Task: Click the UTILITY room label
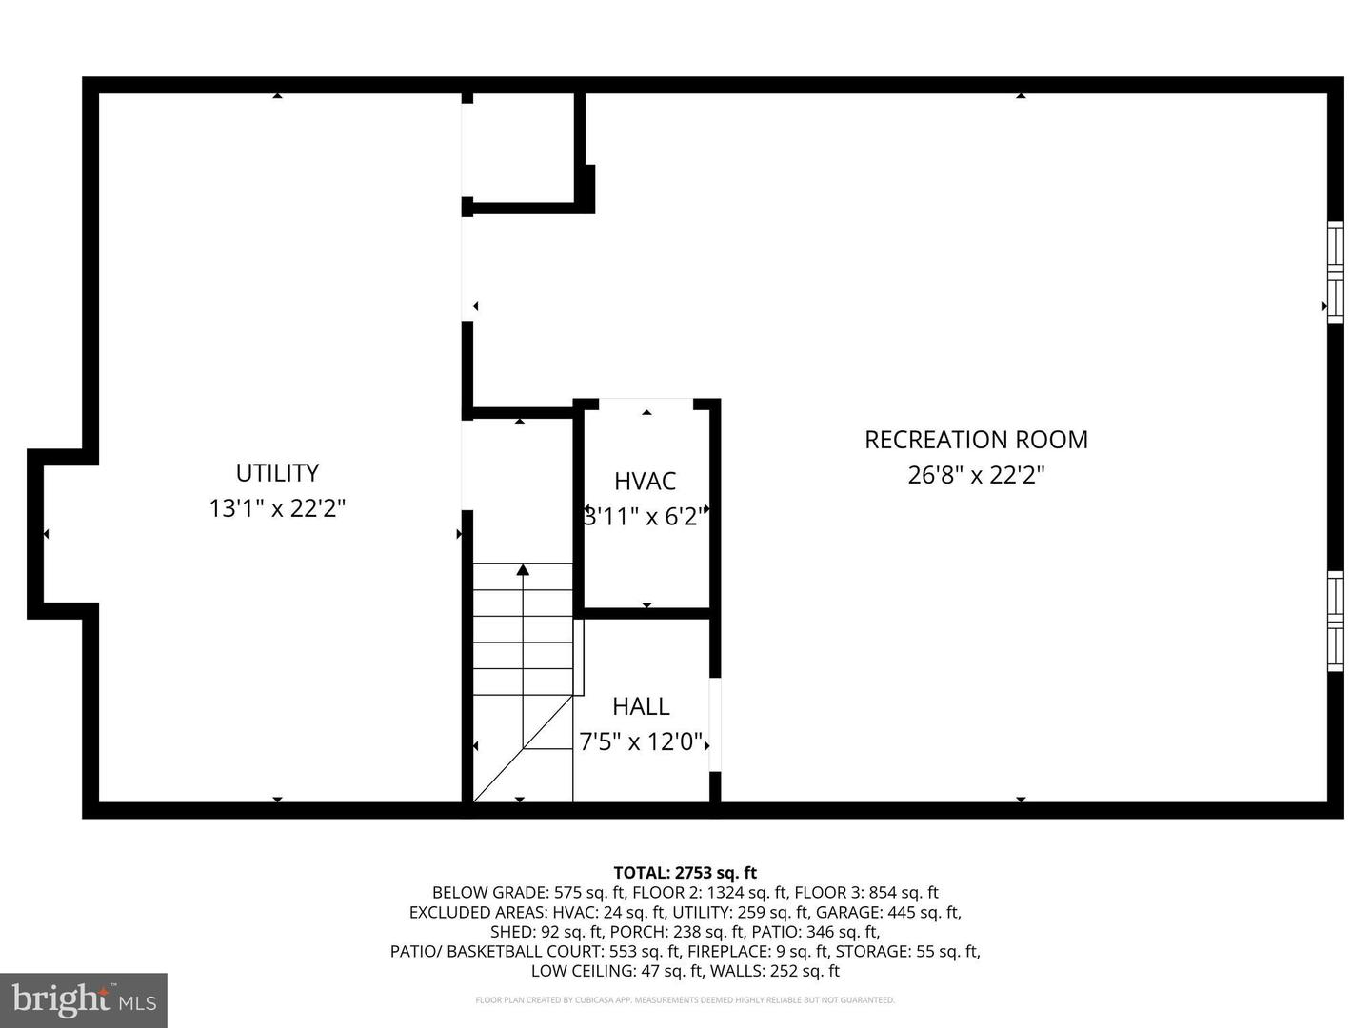277,473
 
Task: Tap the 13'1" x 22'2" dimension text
277,508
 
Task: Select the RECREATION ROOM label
976,440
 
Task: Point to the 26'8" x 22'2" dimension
976,475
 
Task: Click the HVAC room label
645,482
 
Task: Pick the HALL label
641,706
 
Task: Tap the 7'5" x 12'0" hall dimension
641,741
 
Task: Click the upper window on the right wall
1336,272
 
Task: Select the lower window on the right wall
1336,621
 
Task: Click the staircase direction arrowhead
523,570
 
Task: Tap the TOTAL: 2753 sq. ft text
685,872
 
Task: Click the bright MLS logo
84,999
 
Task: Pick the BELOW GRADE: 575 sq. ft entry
528,892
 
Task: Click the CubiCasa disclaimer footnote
685,1000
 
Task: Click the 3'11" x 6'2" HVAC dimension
645,517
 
